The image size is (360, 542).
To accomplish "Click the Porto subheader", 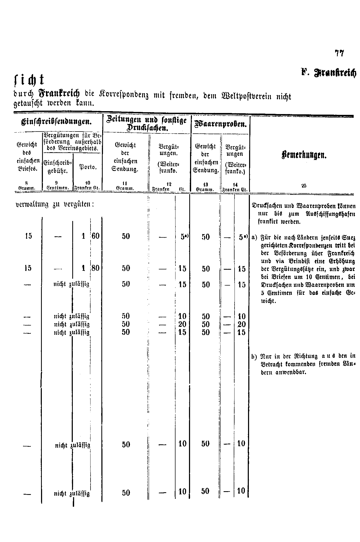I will [x=88, y=167].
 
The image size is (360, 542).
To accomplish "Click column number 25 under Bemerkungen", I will [x=304, y=186].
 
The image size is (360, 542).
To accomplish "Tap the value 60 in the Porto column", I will [x=95, y=236].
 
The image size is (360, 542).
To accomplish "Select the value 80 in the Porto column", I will [x=95, y=268].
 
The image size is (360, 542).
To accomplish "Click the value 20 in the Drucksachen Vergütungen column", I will [x=182, y=324].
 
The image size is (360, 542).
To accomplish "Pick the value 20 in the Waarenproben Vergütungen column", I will [x=242, y=324].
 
